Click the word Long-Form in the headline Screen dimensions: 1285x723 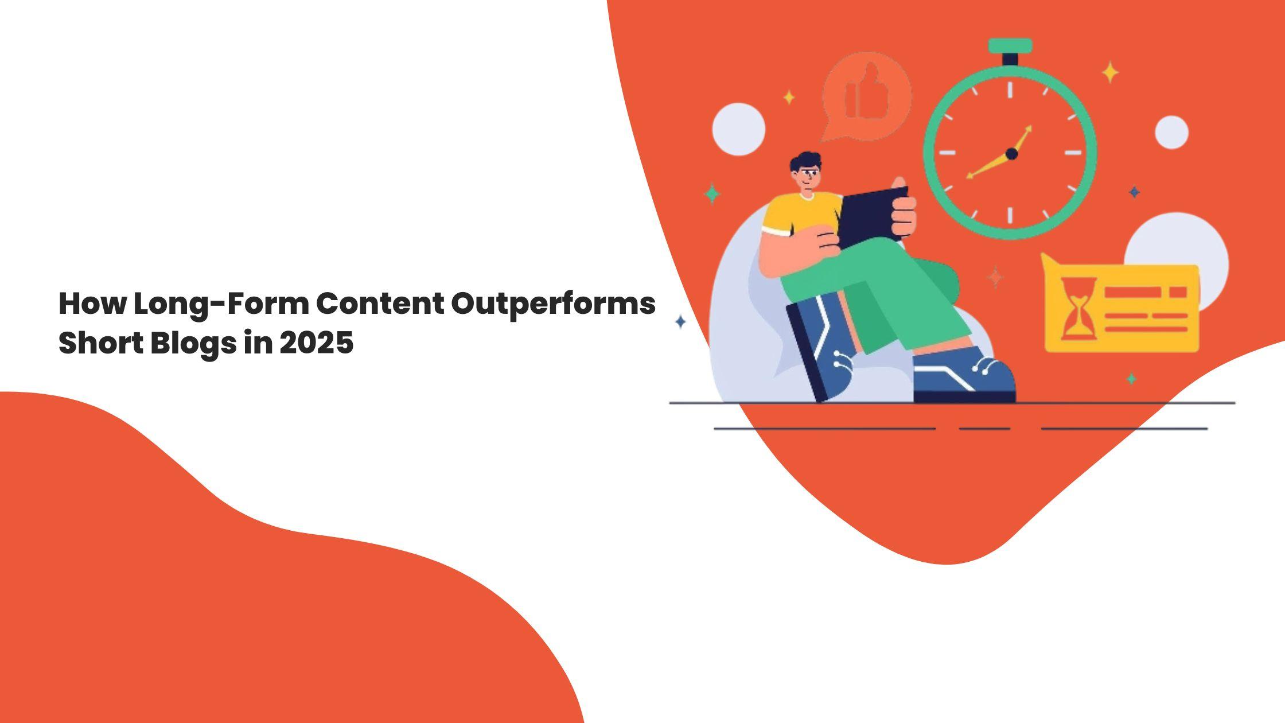click(x=221, y=304)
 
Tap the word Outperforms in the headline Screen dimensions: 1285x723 click(x=553, y=305)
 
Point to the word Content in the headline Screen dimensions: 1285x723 click(x=380, y=304)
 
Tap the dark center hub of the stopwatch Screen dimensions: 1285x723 click(x=1012, y=154)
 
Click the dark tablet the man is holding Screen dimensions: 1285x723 click(x=873, y=217)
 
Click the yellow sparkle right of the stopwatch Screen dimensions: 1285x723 click(x=1111, y=73)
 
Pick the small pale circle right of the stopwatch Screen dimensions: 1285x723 click(x=1171, y=132)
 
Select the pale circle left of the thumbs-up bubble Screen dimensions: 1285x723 click(x=738, y=129)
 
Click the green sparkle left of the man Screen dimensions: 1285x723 click(x=712, y=193)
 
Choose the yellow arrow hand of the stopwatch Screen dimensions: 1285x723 click(x=999, y=152)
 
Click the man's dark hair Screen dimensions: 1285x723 click(x=805, y=160)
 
